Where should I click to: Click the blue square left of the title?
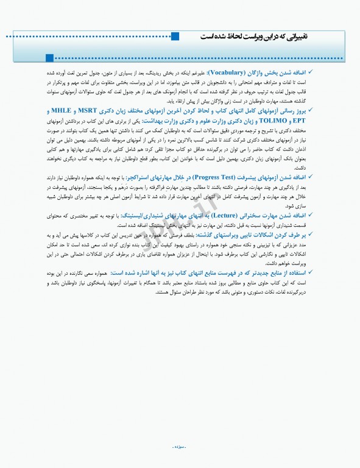[x=175, y=37]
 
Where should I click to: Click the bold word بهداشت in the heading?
[x=174, y=121]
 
